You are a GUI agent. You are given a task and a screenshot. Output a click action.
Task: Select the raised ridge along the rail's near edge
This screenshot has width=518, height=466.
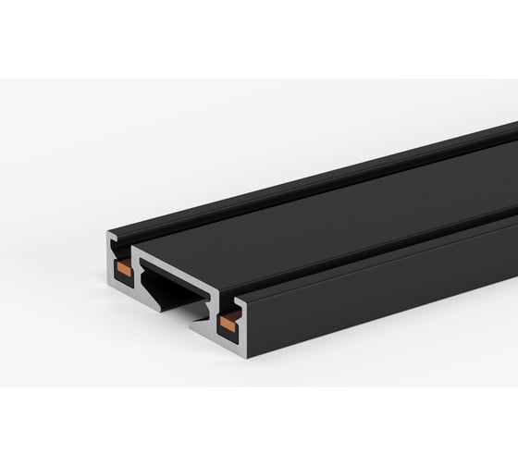click(388, 250)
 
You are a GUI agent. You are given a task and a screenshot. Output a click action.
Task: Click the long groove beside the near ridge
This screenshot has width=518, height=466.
click(370, 242)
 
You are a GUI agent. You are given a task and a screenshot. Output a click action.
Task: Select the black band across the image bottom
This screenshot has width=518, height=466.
click(259, 425)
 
